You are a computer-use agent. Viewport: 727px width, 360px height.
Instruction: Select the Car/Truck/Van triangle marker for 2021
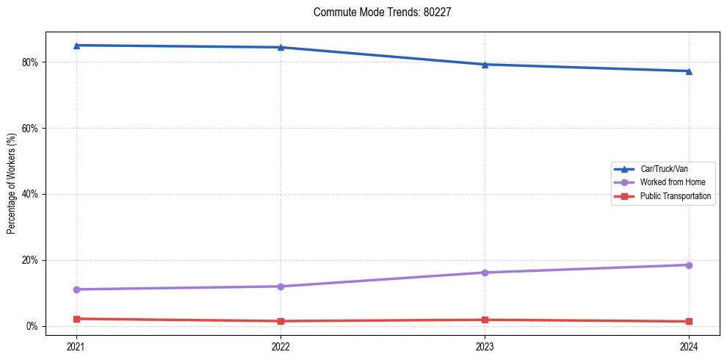76,46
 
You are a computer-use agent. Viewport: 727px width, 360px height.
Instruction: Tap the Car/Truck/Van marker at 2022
281,48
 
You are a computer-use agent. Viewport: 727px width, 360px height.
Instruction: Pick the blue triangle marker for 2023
485,65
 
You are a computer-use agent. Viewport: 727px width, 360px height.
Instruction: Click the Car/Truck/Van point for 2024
689,71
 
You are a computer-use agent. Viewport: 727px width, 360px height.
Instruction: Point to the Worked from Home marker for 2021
76,289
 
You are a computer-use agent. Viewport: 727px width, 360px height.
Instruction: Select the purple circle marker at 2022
281,287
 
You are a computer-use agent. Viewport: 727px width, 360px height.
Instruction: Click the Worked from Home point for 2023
485,273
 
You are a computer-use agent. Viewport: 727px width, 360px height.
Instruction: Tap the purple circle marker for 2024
689,265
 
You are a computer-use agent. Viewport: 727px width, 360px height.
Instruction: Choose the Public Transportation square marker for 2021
76,319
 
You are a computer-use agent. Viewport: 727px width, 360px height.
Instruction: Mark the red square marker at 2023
485,320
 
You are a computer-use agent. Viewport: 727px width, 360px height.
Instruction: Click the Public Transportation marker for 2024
689,321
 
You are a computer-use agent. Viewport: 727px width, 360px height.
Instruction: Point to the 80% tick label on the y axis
30,62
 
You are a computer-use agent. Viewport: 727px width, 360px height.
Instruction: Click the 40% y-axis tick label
30,194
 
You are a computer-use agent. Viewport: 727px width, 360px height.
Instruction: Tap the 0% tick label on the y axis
32,326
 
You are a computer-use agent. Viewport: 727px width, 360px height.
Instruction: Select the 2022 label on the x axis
281,346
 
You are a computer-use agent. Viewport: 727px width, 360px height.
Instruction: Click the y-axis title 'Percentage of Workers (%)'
11,184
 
